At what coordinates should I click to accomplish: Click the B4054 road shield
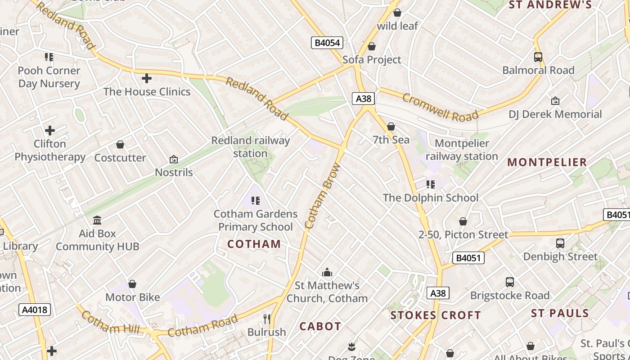point(327,43)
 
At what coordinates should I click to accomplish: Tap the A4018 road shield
point(35,310)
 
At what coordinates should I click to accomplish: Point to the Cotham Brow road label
point(323,196)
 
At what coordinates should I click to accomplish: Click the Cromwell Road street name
point(440,108)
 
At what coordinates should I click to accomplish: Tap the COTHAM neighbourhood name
point(254,244)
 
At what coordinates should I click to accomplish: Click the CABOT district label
point(320,326)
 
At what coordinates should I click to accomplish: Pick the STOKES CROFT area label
point(436,315)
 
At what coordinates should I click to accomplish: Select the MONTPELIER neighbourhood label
point(547,162)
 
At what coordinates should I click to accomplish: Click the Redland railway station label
point(251,147)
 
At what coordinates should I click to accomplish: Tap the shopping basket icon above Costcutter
point(120,144)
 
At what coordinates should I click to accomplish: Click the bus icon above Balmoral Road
point(538,57)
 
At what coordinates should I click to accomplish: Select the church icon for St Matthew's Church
point(327,272)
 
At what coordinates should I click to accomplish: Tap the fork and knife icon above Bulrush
point(267,319)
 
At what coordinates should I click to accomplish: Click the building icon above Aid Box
point(97,220)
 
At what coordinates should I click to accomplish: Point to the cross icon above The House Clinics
point(147,78)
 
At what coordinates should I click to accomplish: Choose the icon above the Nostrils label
point(174,159)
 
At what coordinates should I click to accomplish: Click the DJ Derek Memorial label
point(555,114)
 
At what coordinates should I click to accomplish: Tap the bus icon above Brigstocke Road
point(510,282)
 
